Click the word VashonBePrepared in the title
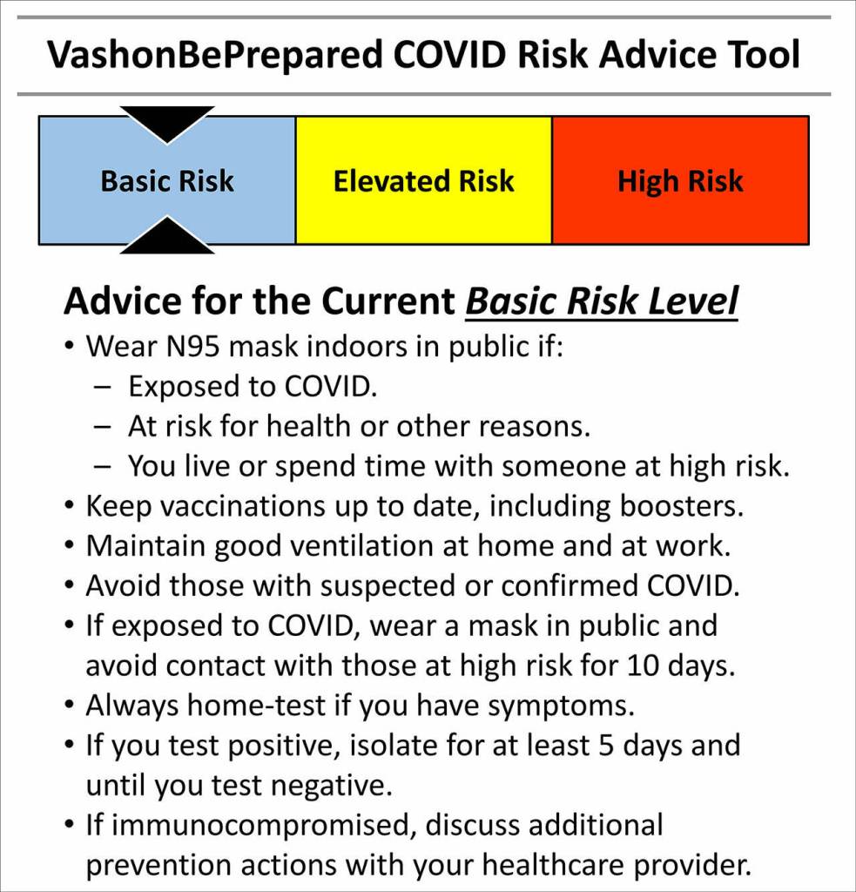215,56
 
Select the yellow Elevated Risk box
424,180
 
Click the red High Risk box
680,180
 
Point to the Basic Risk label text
167,181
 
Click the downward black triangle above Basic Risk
167,125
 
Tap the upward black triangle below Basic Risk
167,234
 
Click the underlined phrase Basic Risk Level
602,301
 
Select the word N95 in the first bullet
192,346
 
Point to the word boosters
681,506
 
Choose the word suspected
388,586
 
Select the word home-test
257,705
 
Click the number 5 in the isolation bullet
606,746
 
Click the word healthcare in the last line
552,865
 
